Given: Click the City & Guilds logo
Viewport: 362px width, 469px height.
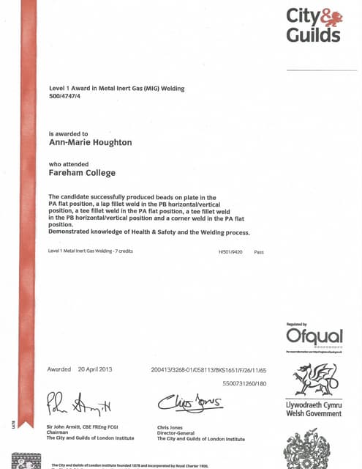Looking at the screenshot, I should pos(313,26).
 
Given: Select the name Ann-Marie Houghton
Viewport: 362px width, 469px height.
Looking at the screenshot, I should pos(90,143).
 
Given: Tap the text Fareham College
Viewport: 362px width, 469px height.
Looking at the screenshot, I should pos(82,173).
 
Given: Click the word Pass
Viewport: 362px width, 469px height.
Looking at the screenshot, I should pos(258,251).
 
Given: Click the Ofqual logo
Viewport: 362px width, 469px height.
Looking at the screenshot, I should pos(314,337).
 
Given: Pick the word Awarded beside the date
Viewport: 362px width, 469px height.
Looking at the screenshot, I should pos(59,369).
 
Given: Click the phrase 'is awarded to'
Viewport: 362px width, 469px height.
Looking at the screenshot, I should pos(68,134).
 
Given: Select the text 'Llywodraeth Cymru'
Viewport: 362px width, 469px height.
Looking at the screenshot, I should pos(314,405).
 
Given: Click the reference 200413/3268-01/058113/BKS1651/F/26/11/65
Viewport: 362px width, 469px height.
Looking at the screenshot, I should pos(208,369).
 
